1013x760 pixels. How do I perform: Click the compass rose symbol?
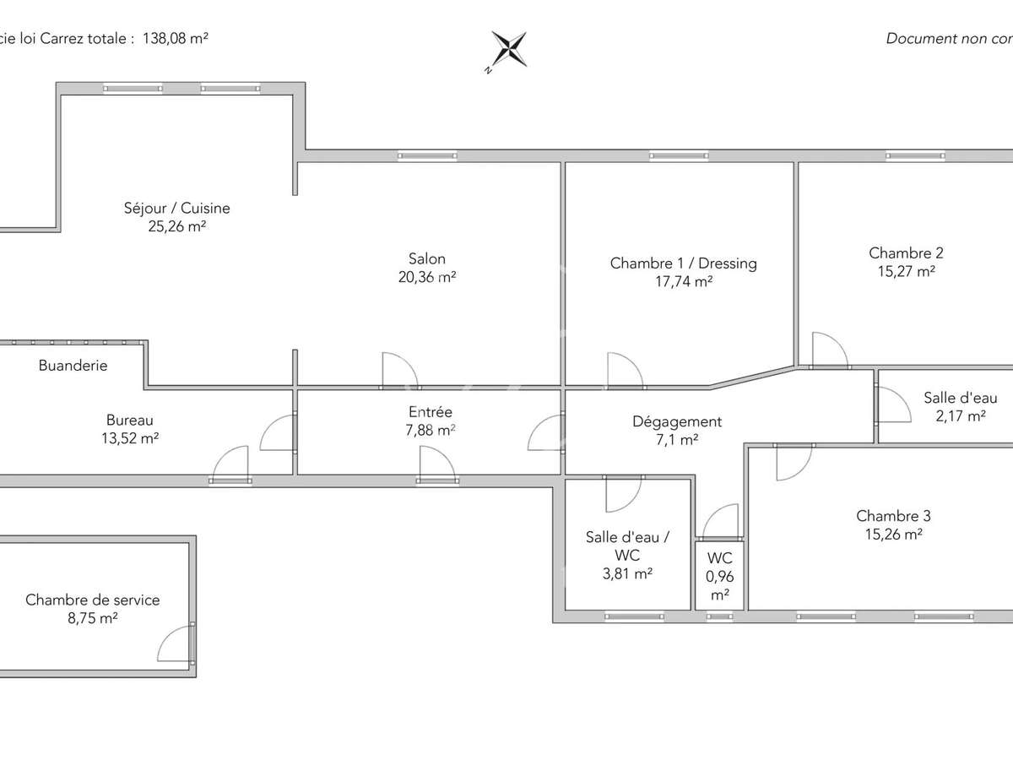(509, 49)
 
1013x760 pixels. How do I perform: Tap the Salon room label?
(426, 259)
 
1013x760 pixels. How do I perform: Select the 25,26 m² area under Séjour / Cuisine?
(177, 226)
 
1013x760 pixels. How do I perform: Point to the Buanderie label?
(73, 366)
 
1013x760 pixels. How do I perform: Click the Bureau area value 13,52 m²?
(130, 437)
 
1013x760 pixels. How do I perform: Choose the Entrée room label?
(431, 412)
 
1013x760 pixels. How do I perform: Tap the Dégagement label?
(677, 421)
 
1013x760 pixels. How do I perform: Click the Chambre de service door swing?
(176, 644)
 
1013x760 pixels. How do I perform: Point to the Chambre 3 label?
(893, 516)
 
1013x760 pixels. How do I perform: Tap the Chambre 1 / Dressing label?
(683, 263)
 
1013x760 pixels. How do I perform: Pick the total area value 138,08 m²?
(176, 38)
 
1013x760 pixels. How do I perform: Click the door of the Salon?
(398, 370)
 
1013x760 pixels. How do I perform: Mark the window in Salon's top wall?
(427, 155)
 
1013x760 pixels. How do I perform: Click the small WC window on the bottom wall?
(719, 616)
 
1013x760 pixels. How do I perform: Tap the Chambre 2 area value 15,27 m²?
(906, 271)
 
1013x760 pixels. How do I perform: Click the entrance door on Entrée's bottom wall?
(438, 464)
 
